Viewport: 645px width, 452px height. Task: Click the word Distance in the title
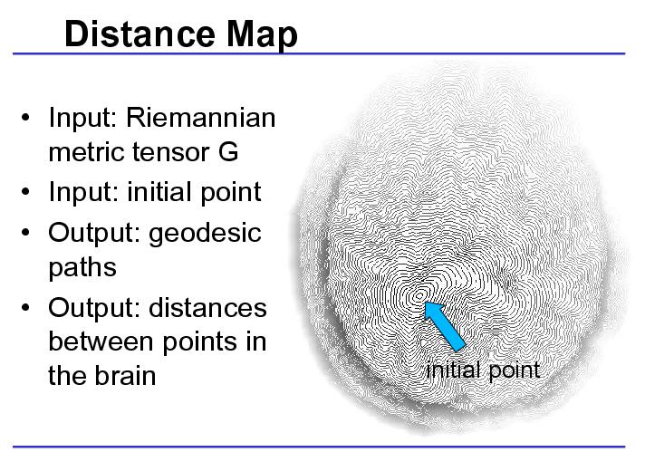[x=140, y=34]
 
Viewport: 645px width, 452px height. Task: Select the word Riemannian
[x=201, y=118]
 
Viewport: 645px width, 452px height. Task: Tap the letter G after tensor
[x=228, y=152]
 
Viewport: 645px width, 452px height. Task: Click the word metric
[x=87, y=152]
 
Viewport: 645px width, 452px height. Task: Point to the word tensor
[x=172, y=152]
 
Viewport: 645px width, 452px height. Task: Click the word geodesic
[x=205, y=234]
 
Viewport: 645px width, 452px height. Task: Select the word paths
[x=82, y=268]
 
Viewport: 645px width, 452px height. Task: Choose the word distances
[x=207, y=308]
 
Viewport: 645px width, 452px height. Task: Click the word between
[x=101, y=341]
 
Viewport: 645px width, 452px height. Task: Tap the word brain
[x=125, y=375]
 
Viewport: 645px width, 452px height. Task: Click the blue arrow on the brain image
[x=445, y=326]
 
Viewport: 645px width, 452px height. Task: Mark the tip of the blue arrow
[x=425, y=303]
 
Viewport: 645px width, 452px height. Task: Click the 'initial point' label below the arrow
[x=483, y=370]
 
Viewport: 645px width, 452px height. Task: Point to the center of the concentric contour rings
[x=419, y=295]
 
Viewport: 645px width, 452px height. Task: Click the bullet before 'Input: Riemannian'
[x=25, y=117]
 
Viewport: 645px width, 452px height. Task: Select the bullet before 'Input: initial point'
[x=25, y=192]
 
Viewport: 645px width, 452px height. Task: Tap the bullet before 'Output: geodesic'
[x=25, y=233]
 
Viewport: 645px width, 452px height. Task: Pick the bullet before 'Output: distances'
[x=25, y=307]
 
